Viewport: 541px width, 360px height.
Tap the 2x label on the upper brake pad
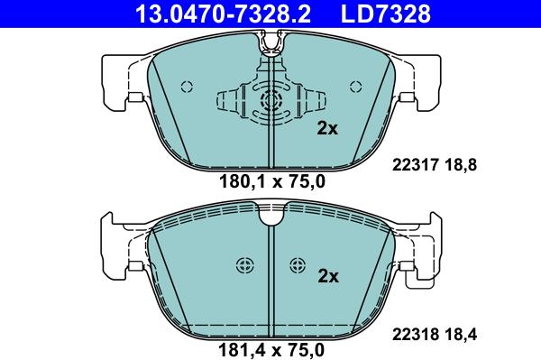click(x=326, y=129)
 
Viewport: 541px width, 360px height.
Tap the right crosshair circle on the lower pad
click(x=298, y=265)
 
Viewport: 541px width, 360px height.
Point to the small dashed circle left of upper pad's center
click(x=188, y=88)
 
